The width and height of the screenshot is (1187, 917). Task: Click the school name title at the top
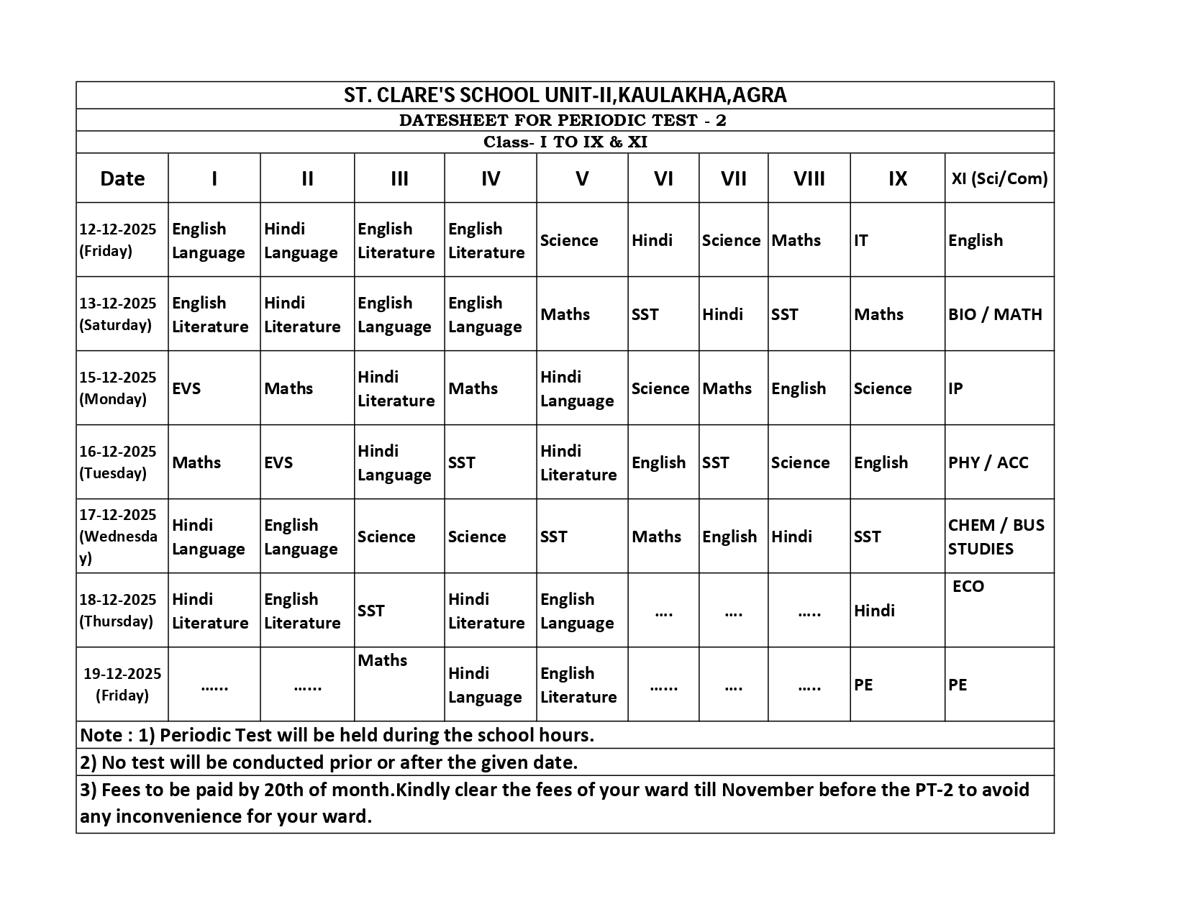[x=565, y=95]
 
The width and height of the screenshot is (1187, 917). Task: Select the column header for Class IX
[x=897, y=178]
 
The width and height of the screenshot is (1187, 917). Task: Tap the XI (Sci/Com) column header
[x=999, y=178]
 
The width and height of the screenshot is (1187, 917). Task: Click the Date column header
[x=122, y=178]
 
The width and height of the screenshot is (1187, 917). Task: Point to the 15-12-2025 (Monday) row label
[x=118, y=388]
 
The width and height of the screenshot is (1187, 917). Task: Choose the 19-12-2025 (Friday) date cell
[x=122, y=684]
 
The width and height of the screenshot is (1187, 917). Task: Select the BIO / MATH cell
[x=995, y=314]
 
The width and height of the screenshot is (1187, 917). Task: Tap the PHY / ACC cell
[x=988, y=462]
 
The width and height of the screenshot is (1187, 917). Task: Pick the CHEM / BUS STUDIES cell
[x=996, y=537]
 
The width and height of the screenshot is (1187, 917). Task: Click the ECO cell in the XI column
[x=968, y=586]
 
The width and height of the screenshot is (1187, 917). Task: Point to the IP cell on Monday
[x=955, y=388]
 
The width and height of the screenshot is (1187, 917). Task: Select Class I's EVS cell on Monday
[x=186, y=388]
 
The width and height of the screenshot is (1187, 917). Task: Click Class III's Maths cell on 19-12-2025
[x=383, y=660]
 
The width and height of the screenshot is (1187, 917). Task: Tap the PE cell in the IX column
[x=863, y=685]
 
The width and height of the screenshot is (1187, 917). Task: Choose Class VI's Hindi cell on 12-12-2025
[x=652, y=240]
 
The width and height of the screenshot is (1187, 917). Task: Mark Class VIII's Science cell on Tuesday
[x=800, y=462]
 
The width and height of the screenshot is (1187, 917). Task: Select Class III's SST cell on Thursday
[x=371, y=611]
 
